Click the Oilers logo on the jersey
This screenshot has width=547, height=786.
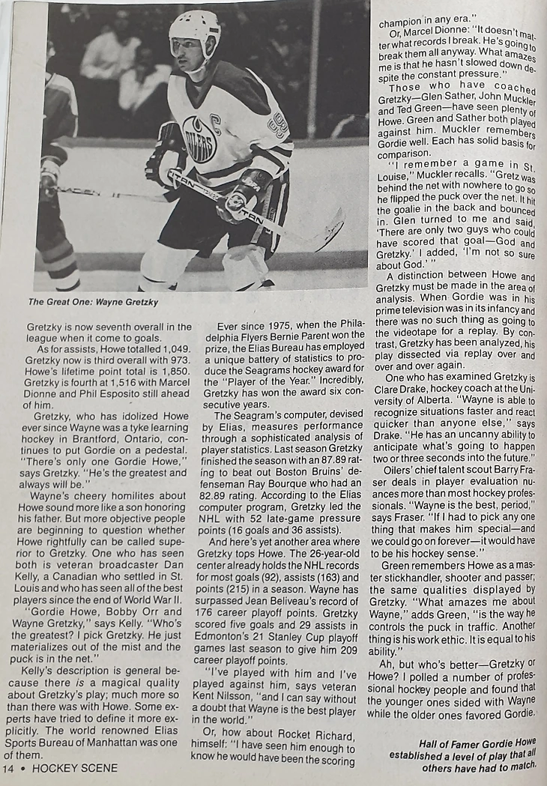coord(199,139)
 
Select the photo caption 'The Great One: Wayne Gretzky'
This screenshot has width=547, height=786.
coord(93,302)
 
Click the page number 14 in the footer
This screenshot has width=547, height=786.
coord(9,768)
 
